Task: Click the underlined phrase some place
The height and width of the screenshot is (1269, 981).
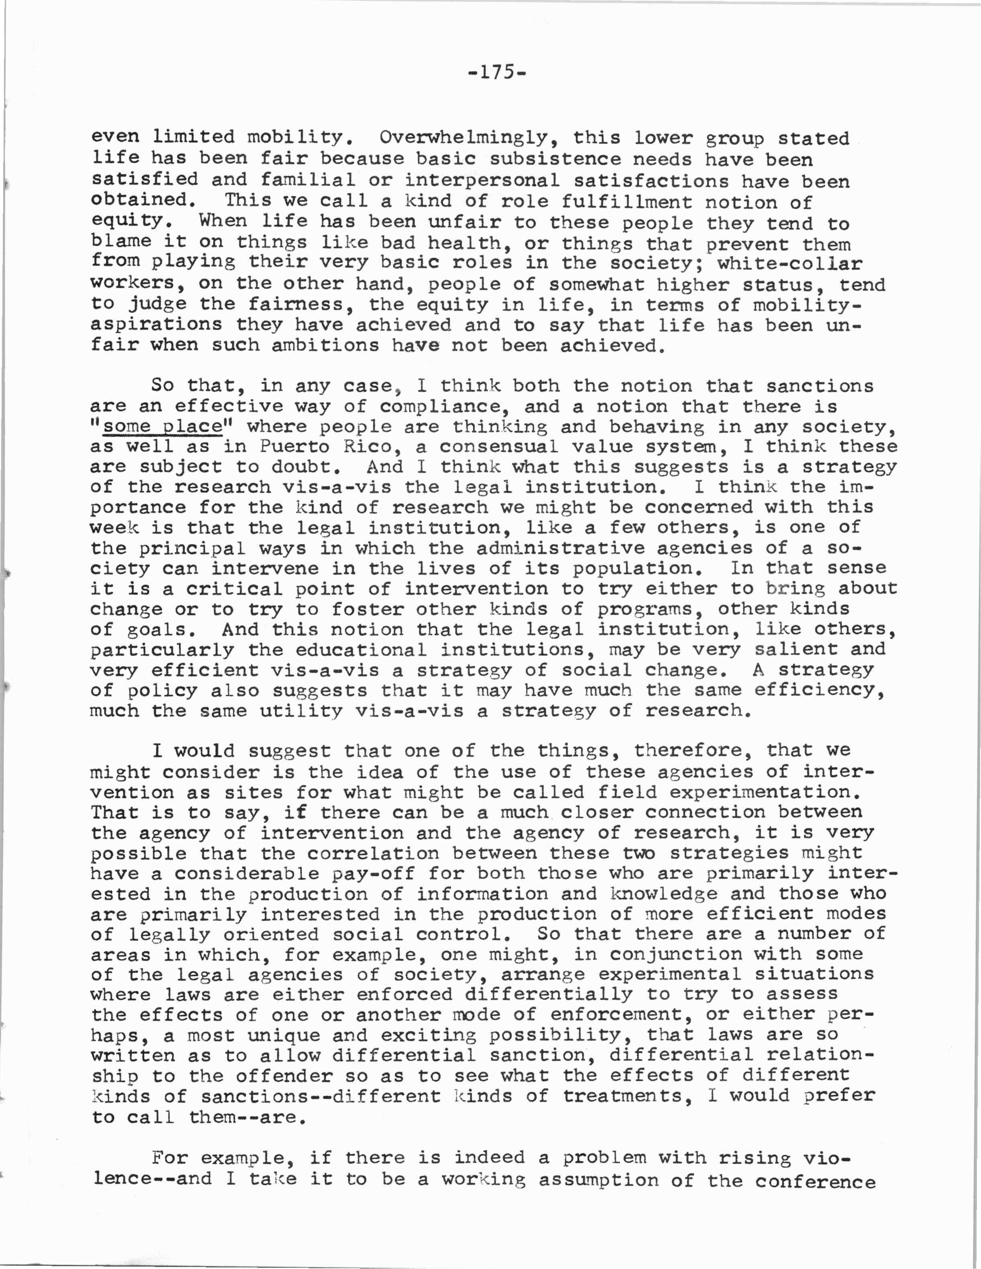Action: (163, 427)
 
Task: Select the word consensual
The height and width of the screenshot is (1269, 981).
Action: (499, 447)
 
